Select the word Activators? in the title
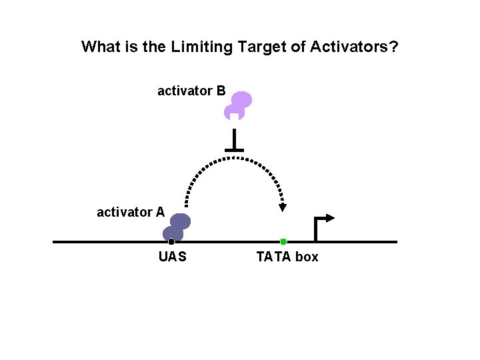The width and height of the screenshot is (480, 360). (354, 47)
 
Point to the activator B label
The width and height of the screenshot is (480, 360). (191, 91)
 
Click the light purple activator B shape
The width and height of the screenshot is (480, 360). (238, 105)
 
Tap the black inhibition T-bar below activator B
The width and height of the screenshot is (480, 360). (233, 143)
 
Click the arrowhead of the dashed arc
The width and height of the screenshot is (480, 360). (283, 207)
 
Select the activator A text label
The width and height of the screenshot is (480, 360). (131, 213)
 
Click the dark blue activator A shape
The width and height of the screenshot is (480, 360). (177, 226)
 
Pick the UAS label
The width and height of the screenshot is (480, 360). (173, 257)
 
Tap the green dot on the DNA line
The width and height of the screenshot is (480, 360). (283, 241)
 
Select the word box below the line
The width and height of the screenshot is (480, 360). (307, 257)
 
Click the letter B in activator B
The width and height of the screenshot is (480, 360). (221, 91)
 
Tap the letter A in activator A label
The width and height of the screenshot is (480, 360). (160, 213)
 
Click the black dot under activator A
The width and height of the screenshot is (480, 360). (171, 241)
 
